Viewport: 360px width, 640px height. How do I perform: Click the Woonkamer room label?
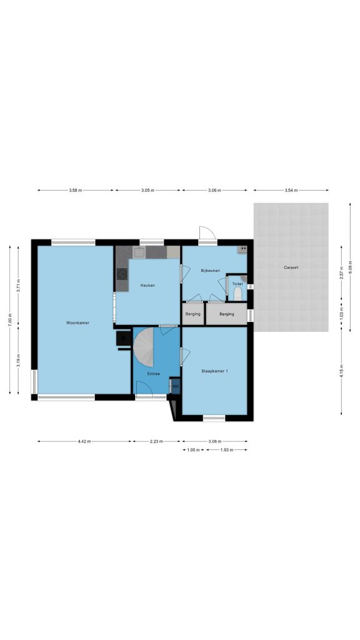coord(77,322)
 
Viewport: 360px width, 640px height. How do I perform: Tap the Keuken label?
coord(147,285)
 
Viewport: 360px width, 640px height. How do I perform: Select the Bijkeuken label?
coord(210,270)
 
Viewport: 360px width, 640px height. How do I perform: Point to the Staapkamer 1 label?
coord(215,371)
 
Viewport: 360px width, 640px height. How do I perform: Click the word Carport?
coord(291,267)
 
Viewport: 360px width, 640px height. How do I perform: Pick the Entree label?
coord(154,374)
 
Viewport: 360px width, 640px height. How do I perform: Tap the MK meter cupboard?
coord(176,386)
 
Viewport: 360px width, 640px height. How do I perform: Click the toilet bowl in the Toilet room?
coord(237,294)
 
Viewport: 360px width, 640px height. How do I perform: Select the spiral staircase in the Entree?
coord(144,348)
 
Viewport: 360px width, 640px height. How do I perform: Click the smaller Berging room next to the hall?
coord(192,314)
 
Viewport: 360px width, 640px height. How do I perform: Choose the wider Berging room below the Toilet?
coord(226,314)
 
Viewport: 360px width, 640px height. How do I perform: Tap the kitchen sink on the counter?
coord(139,252)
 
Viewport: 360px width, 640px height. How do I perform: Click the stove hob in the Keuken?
coord(122,274)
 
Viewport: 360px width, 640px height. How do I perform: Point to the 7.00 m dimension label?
coord(10,319)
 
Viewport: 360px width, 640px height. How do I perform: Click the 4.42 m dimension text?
coord(85,441)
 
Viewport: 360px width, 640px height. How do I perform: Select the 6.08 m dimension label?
coord(350,267)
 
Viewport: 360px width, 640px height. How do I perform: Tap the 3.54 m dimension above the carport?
coord(291,190)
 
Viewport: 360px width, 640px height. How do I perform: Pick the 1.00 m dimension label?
coord(192,450)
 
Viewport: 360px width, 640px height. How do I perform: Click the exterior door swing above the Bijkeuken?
coord(207,234)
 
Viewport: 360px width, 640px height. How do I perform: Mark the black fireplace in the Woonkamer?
coord(124,339)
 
